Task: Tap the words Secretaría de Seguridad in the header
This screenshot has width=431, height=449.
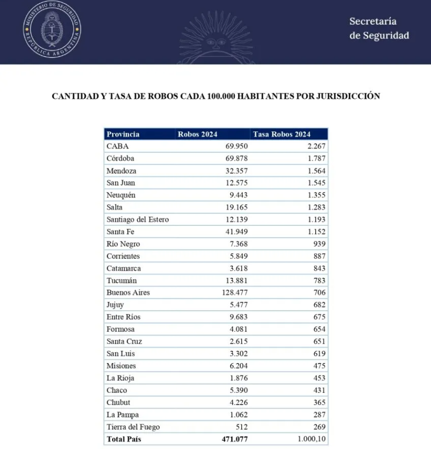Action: click(378, 28)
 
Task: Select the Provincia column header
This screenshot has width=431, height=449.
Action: click(123, 134)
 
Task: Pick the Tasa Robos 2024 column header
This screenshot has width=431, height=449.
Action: click(281, 134)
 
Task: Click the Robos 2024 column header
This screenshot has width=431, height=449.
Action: click(197, 134)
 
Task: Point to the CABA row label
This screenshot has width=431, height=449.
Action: click(117, 146)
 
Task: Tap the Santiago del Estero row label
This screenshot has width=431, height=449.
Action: click(138, 219)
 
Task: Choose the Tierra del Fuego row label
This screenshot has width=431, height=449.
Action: click(133, 427)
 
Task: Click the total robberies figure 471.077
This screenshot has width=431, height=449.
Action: click(234, 439)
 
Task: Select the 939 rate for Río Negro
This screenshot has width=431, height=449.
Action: click(319, 244)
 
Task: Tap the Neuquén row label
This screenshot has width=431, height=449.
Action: click(121, 195)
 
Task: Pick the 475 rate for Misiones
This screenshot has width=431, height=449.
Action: click(319, 366)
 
